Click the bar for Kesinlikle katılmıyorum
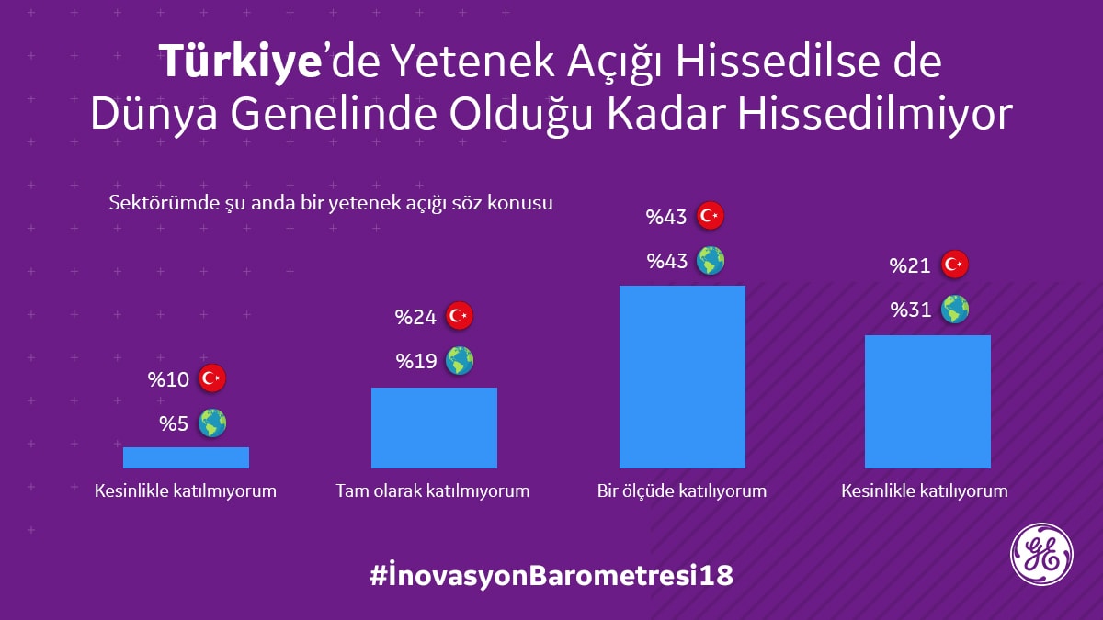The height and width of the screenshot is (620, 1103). tap(186, 457)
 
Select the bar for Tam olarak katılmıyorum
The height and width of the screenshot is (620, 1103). tap(434, 428)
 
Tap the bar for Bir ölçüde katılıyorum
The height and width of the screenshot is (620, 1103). tap(682, 377)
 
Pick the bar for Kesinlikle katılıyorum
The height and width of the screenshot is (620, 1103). tap(927, 401)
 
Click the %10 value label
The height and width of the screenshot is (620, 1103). tap(168, 379)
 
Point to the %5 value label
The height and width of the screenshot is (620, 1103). tap(174, 424)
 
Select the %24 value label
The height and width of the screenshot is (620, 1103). tap(415, 318)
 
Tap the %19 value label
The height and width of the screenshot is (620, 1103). tap(416, 362)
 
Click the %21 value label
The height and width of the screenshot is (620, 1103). tap(911, 266)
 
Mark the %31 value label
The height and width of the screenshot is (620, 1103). tap(911, 310)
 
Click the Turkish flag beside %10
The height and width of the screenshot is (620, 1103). tap(212, 378)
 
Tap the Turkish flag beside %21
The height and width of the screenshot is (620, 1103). tap(955, 265)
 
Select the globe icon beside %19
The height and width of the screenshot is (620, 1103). tap(460, 361)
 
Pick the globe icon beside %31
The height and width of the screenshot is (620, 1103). tap(955, 310)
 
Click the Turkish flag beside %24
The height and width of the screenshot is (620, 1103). tap(460, 317)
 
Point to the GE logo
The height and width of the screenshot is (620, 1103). tap(1041, 553)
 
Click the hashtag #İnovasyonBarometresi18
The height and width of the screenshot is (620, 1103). tap(551, 576)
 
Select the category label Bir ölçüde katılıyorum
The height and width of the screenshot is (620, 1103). tap(681, 490)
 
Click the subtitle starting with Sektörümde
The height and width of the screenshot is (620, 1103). tap(331, 202)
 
